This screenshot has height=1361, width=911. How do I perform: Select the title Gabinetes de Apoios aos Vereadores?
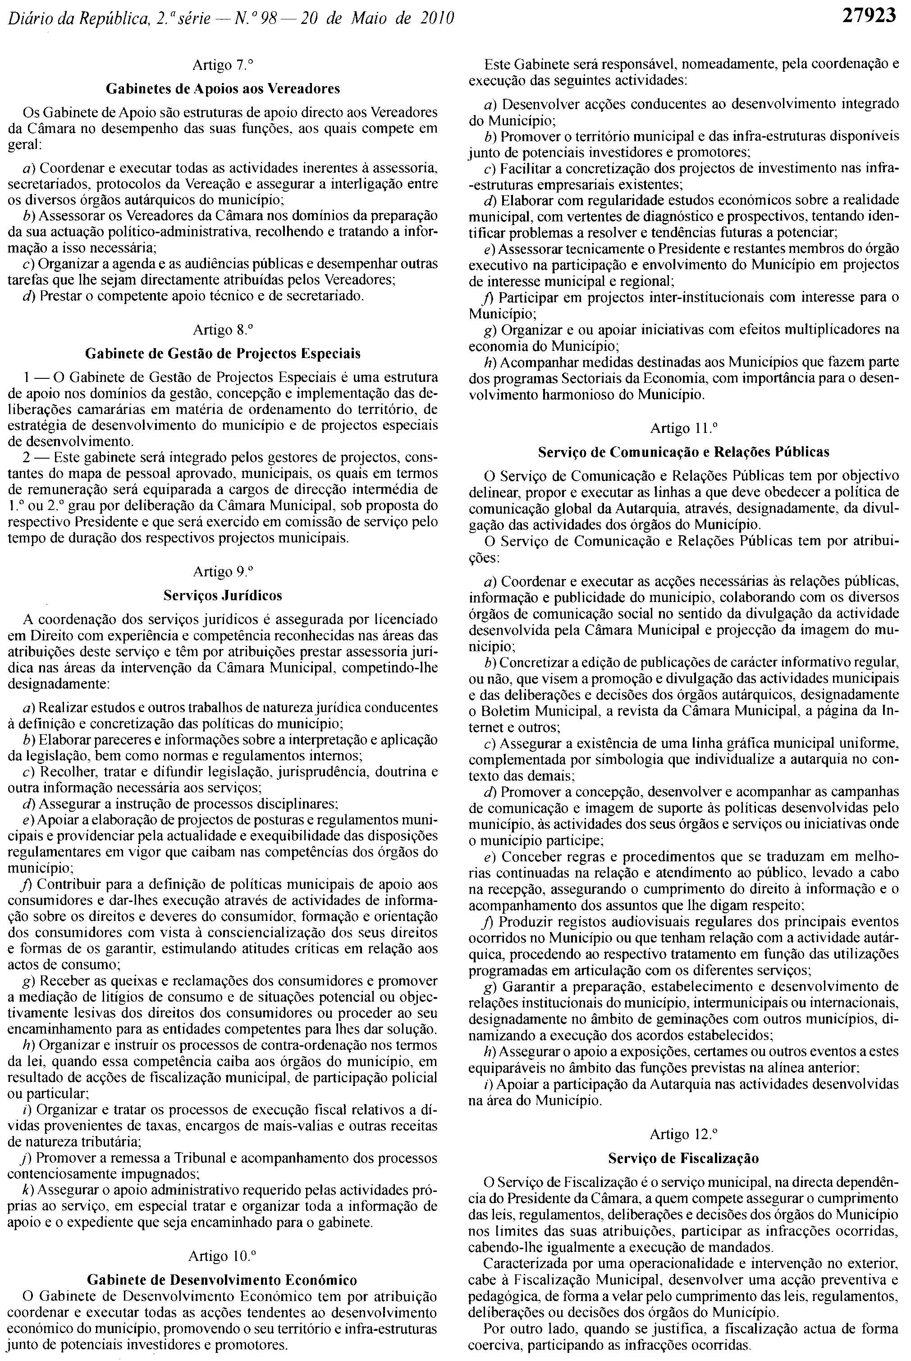point(223,89)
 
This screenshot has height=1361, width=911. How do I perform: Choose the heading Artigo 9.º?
point(223,572)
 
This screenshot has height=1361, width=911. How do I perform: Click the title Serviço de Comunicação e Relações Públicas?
point(684,451)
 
